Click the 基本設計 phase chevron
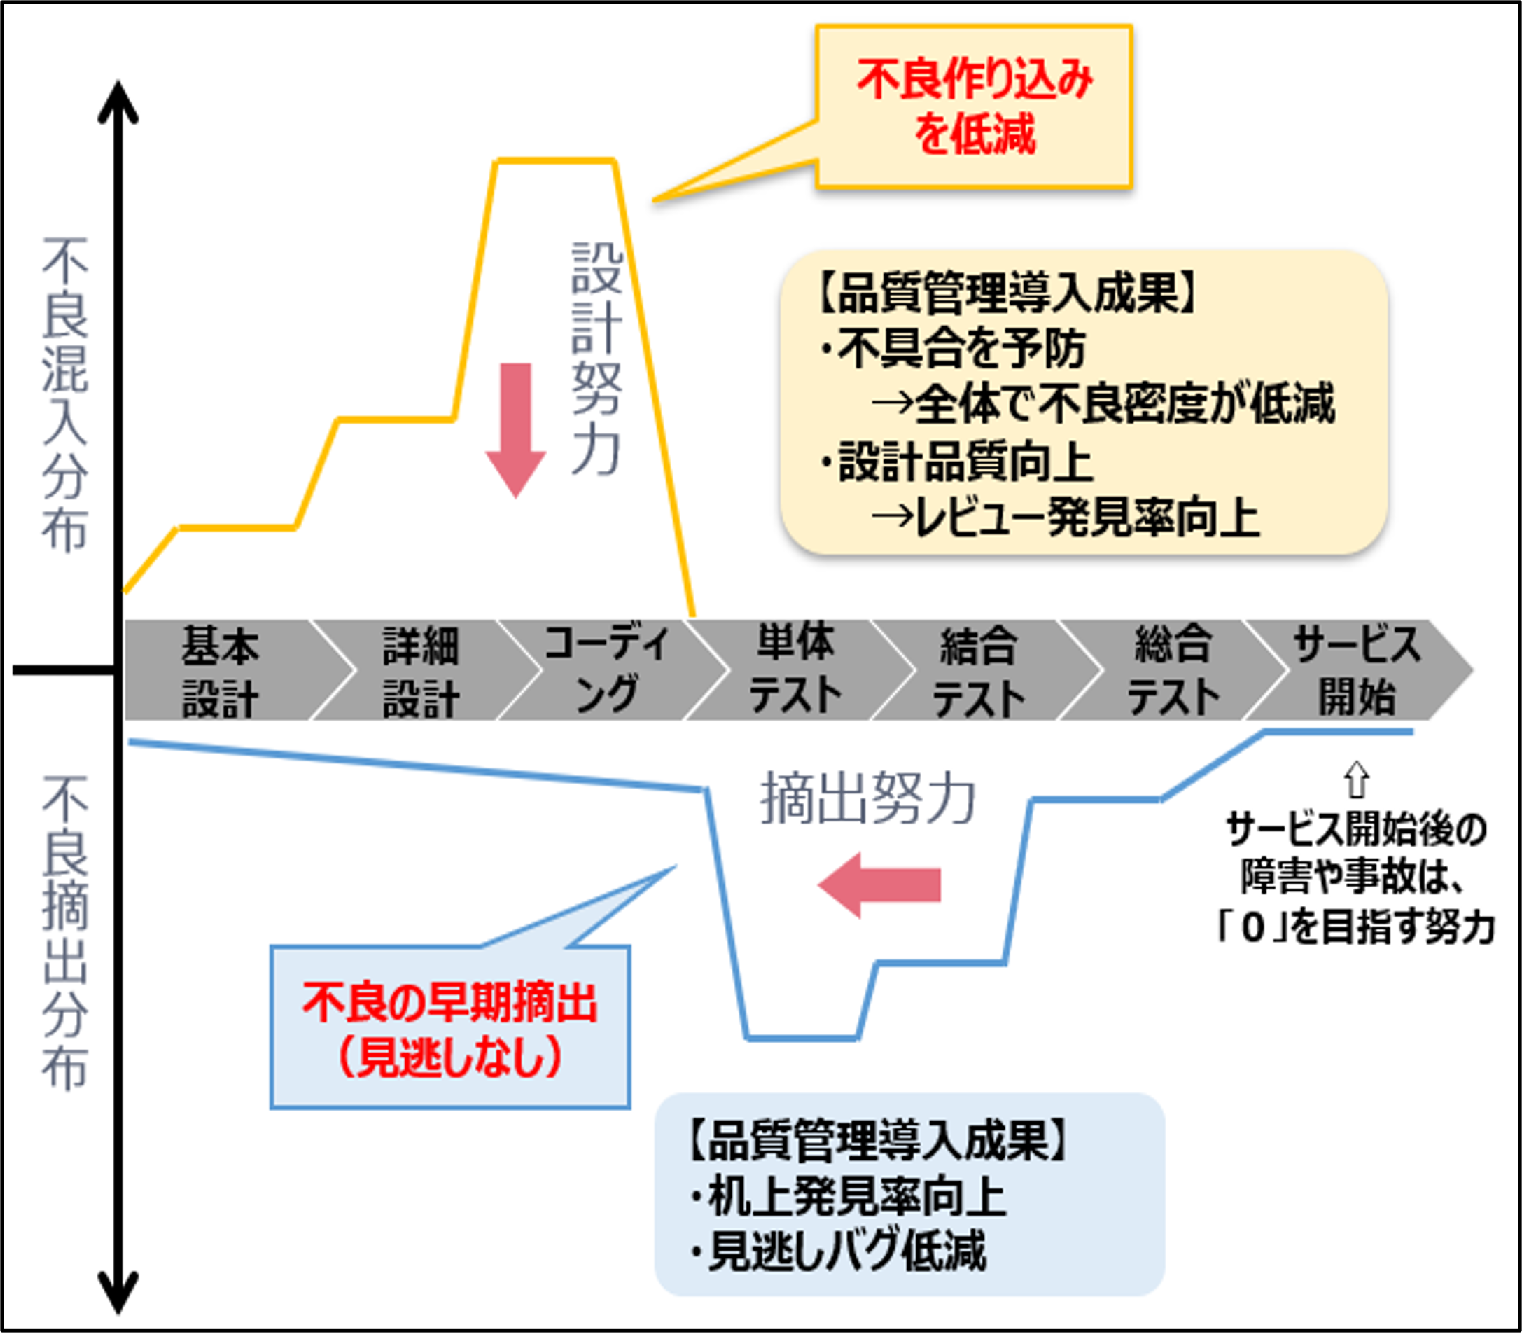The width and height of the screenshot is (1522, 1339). pos(221,670)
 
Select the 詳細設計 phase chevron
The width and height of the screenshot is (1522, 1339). pos(421,670)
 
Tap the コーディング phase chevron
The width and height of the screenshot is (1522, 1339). pos(607,670)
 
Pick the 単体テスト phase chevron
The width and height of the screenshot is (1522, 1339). pos(795,670)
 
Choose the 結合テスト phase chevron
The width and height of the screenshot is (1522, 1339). pos(979,670)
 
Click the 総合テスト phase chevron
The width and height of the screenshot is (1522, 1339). pos(1173,670)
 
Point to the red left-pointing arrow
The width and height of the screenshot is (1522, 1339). pos(879,884)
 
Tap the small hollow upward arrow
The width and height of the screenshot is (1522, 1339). pos(1357,779)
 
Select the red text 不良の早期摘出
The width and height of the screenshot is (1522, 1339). pos(449,1002)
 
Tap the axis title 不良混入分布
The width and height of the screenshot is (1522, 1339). pos(66,395)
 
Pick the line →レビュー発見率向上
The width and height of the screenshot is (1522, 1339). pos(1065,518)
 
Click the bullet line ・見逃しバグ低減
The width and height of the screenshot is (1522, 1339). pos(838,1251)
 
